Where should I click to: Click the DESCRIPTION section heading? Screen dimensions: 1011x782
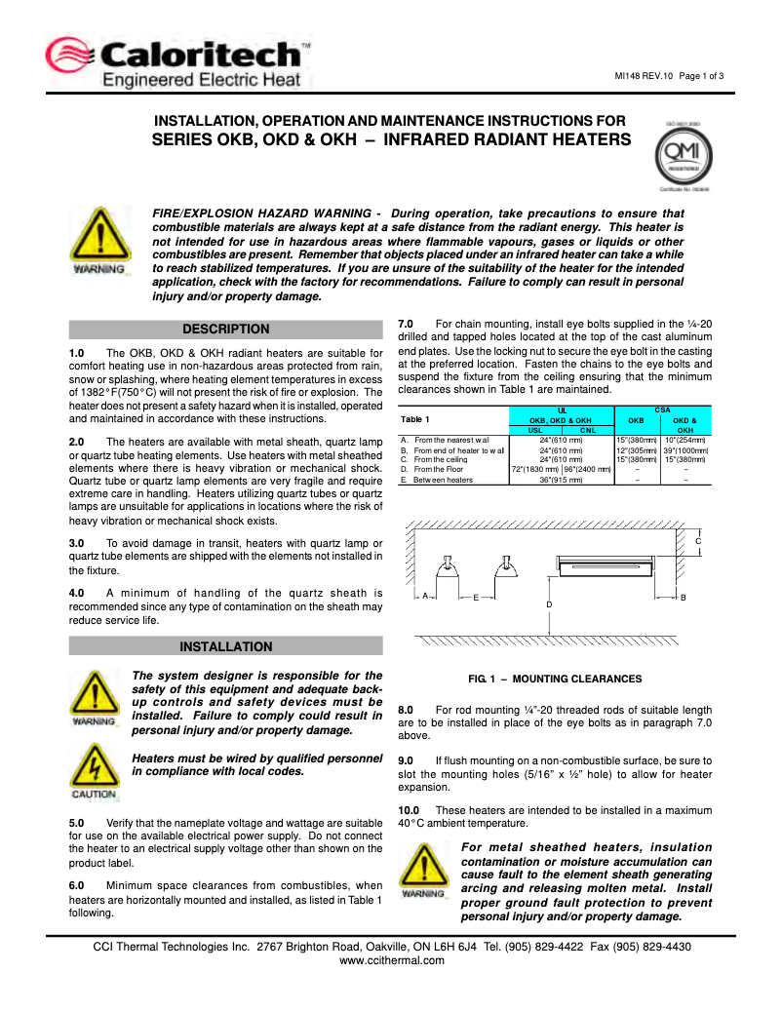click(225, 330)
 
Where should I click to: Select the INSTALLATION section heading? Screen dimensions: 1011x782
click(225, 646)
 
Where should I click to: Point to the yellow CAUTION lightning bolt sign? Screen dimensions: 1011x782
click(94, 767)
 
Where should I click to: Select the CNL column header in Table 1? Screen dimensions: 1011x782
click(587, 429)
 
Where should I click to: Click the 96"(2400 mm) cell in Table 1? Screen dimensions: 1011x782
click(587, 469)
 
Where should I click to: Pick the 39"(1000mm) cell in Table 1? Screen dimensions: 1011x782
click(685, 450)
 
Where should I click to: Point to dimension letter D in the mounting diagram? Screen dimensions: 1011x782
click(549, 605)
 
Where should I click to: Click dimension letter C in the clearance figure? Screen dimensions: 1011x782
click(698, 541)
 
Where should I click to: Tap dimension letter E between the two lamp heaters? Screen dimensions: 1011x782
click(475, 597)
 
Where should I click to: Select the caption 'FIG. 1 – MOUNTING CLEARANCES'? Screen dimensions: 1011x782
click(555, 678)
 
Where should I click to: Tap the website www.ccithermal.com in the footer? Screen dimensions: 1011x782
click(391, 960)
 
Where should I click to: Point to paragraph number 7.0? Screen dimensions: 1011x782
click(407, 323)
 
